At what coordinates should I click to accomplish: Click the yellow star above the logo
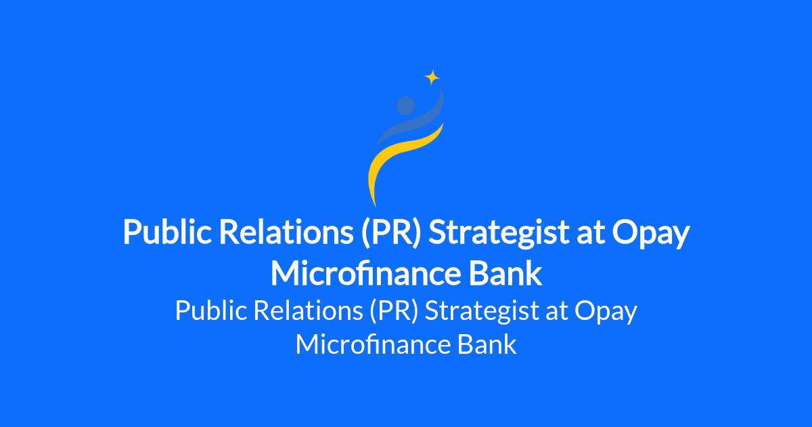pyautogui.click(x=432, y=77)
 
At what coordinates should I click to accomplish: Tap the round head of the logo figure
pyautogui.click(x=405, y=105)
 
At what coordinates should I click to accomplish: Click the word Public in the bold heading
pyautogui.click(x=167, y=232)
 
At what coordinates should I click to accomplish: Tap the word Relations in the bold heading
pyautogui.click(x=286, y=232)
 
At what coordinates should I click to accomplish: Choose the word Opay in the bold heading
pyautogui.click(x=651, y=235)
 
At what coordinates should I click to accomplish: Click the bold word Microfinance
pyautogui.click(x=365, y=273)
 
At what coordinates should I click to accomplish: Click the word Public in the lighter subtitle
pyautogui.click(x=211, y=311)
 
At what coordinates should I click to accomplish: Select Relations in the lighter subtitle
pyautogui.click(x=309, y=310)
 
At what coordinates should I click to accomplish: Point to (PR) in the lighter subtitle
pyautogui.click(x=394, y=311)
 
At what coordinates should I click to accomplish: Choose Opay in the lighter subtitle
pyautogui.click(x=606, y=312)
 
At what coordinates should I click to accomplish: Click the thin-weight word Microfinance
pyautogui.click(x=373, y=344)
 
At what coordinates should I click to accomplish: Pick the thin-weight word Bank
pyautogui.click(x=487, y=344)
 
